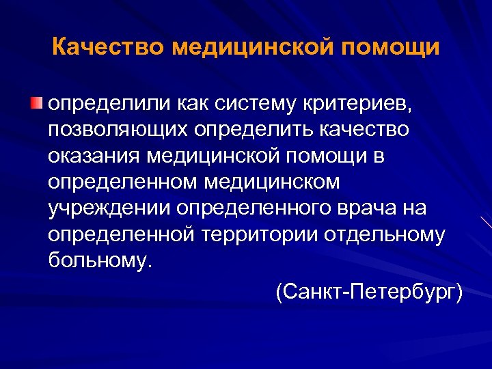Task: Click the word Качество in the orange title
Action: pyautogui.click(x=108, y=49)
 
